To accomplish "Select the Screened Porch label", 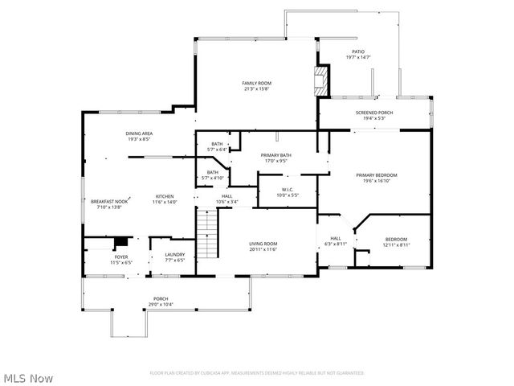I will point(374,115).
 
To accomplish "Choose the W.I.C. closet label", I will point(288,191).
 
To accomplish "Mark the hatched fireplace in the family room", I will point(321,81).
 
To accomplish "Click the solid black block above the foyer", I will point(121,242).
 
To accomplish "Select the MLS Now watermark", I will point(28,377).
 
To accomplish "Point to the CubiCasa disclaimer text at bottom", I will point(257,373).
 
